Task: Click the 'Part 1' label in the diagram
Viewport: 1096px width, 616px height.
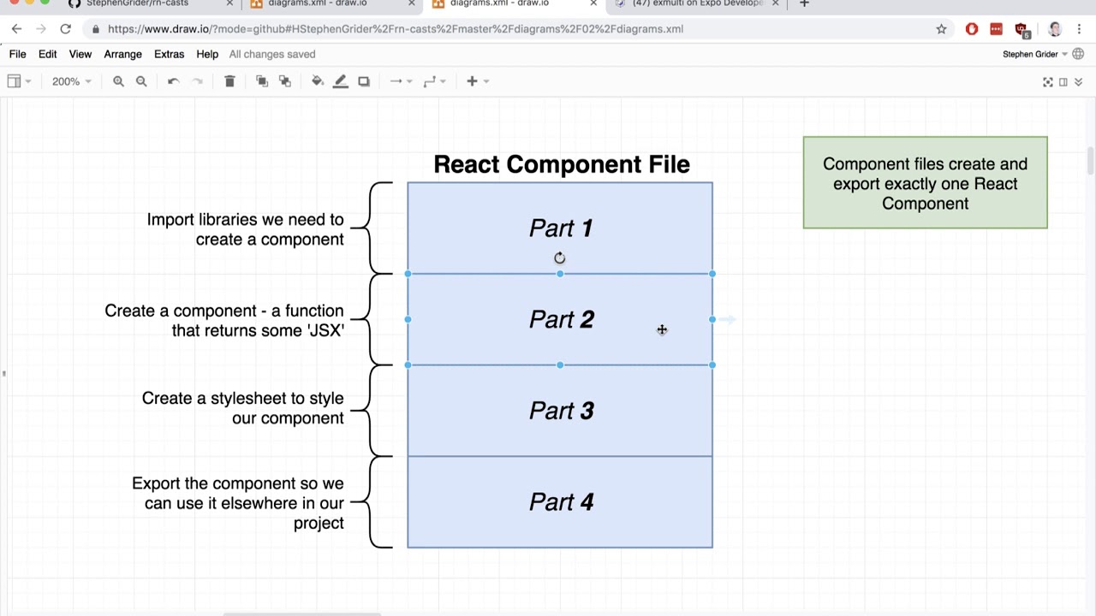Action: point(561,228)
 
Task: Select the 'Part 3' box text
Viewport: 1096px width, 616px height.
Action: point(561,411)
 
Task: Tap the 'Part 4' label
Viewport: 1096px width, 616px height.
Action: point(561,502)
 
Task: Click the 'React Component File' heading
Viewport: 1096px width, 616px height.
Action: point(561,164)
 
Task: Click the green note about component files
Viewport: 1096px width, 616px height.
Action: point(925,183)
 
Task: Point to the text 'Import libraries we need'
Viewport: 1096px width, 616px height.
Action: point(245,220)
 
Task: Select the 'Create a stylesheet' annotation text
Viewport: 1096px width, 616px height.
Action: point(242,408)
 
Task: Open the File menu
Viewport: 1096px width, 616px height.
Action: point(17,54)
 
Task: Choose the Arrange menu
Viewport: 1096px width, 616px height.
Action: point(122,54)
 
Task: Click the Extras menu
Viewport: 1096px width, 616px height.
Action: point(169,54)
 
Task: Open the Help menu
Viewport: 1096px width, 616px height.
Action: point(207,54)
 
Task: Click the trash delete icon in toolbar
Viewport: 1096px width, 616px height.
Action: point(229,81)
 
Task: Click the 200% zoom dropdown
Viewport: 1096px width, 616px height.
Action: point(71,81)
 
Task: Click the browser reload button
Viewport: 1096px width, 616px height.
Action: point(65,29)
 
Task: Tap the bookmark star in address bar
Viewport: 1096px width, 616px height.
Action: point(941,29)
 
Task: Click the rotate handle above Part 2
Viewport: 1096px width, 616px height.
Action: point(559,258)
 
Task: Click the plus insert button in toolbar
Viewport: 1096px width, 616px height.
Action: point(472,81)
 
